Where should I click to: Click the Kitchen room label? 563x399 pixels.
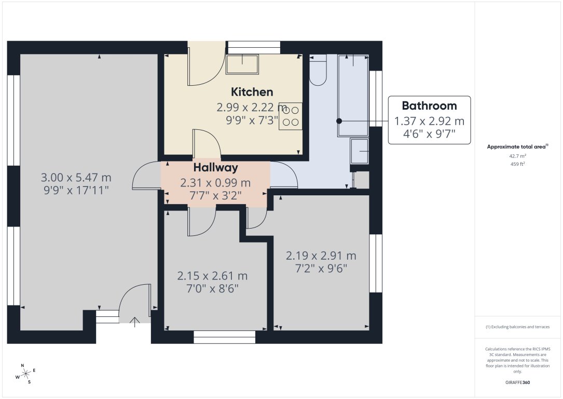click(252, 92)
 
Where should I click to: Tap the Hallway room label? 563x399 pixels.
click(215, 167)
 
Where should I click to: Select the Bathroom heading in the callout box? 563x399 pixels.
click(429, 106)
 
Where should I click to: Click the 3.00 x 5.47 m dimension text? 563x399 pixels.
click(76, 178)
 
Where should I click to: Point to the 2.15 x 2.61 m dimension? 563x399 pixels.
click(212, 275)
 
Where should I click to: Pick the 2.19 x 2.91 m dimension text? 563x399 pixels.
click(321, 256)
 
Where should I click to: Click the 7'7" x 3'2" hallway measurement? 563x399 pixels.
click(215, 195)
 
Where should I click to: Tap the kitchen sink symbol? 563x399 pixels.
click(242, 64)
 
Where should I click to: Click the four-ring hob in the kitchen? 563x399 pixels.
click(291, 116)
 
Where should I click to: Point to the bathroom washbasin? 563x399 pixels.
click(360, 151)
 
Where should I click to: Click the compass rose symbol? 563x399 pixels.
click(25, 373)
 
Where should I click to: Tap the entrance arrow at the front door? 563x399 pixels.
click(135, 322)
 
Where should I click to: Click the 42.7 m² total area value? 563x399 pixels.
click(517, 156)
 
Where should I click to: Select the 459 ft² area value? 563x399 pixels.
click(517, 164)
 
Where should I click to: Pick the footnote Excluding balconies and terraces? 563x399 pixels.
click(517, 327)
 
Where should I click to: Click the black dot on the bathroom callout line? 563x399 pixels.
click(339, 121)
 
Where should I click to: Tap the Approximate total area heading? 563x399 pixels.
click(516, 147)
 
